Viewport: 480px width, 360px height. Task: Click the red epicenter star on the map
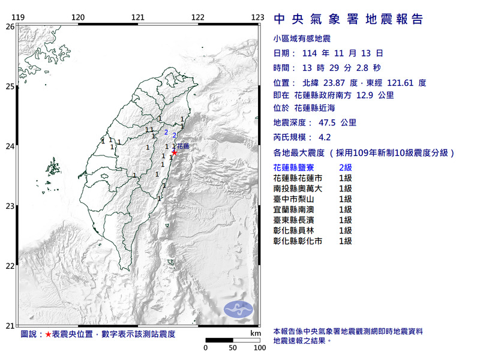tap(175, 152)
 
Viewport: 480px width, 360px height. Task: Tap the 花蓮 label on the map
tap(184, 146)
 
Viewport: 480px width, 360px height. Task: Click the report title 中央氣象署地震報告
tap(349, 19)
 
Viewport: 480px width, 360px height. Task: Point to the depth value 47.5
tap(350, 122)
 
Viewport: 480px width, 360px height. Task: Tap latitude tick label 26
tap(10, 26)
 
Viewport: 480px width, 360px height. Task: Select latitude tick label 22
tap(10, 266)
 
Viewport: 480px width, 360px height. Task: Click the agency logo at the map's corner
tap(238, 309)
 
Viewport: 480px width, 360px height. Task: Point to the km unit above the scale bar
tap(256, 333)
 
